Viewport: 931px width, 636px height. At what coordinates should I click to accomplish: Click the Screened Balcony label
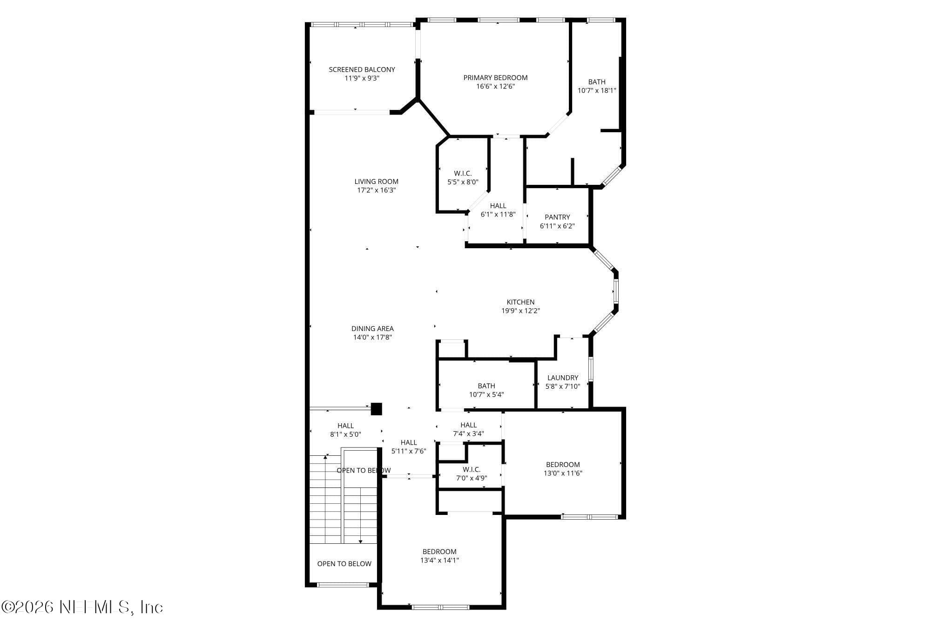coord(362,69)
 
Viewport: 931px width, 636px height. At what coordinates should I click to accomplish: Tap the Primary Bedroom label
coord(495,77)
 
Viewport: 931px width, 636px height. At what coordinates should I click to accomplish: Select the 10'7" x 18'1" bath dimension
coord(597,90)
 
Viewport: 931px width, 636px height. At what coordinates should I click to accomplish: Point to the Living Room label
coord(376,182)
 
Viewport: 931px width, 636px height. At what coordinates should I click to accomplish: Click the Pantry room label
coord(557,217)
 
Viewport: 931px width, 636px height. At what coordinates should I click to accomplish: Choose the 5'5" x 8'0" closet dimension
coord(463,182)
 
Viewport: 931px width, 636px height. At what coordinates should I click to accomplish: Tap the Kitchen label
coord(520,302)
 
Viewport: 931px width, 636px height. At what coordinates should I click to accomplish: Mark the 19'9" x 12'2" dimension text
coord(520,311)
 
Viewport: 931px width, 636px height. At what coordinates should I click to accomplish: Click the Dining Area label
coord(372,329)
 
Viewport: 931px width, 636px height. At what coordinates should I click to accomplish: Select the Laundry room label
coord(563,378)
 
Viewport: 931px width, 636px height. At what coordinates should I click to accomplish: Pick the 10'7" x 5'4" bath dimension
coord(486,395)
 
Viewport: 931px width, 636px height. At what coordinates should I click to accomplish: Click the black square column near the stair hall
coord(376,409)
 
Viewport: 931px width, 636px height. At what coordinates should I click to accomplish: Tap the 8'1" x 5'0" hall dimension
coord(345,434)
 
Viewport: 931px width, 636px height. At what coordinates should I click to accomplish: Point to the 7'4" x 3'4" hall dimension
coord(468,433)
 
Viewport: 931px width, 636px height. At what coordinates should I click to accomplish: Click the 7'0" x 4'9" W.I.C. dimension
coord(472,478)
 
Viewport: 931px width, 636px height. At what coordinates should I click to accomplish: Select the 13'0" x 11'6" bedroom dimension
coord(563,474)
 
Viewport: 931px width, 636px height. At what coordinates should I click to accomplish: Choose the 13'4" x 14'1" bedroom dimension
coord(439,561)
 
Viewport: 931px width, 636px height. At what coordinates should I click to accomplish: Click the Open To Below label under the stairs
coord(344,564)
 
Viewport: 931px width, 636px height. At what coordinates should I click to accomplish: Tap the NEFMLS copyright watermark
coord(82,607)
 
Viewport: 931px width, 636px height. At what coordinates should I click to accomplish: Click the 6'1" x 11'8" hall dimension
coord(498,215)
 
